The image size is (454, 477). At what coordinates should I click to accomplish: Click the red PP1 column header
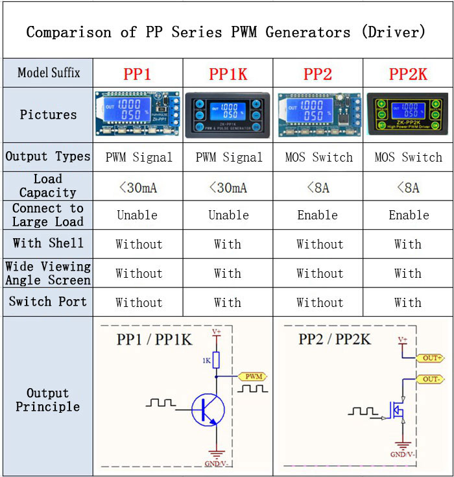pyautogui.click(x=137, y=74)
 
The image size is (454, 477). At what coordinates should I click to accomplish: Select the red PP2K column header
pyautogui.click(x=408, y=74)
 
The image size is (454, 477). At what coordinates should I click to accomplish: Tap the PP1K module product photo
pyautogui.click(x=228, y=115)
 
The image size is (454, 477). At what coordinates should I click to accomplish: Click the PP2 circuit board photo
pyautogui.click(x=318, y=115)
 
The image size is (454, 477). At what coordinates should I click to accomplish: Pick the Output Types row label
pyautogui.click(x=48, y=156)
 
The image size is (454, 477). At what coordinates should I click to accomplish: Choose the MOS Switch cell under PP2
pyautogui.click(x=318, y=157)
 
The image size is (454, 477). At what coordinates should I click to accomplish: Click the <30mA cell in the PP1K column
pyautogui.click(x=228, y=188)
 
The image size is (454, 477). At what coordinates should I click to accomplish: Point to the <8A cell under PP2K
pyautogui.click(x=408, y=188)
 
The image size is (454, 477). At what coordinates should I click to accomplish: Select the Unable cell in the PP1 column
pyautogui.click(x=137, y=215)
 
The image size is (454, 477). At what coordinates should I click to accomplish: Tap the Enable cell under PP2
pyautogui.click(x=318, y=215)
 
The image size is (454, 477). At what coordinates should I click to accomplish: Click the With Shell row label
pyautogui.click(x=48, y=243)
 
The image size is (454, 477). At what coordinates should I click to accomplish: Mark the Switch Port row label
pyautogui.click(x=48, y=302)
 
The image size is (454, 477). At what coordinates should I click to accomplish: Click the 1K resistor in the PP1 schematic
pyautogui.click(x=217, y=360)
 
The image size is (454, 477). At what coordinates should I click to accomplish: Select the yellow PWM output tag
pyautogui.click(x=252, y=376)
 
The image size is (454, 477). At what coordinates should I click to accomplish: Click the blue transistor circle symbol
pyautogui.click(x=208, y=410)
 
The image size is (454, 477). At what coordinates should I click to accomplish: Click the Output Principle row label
pyautogui.click(x=48, y=400)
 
